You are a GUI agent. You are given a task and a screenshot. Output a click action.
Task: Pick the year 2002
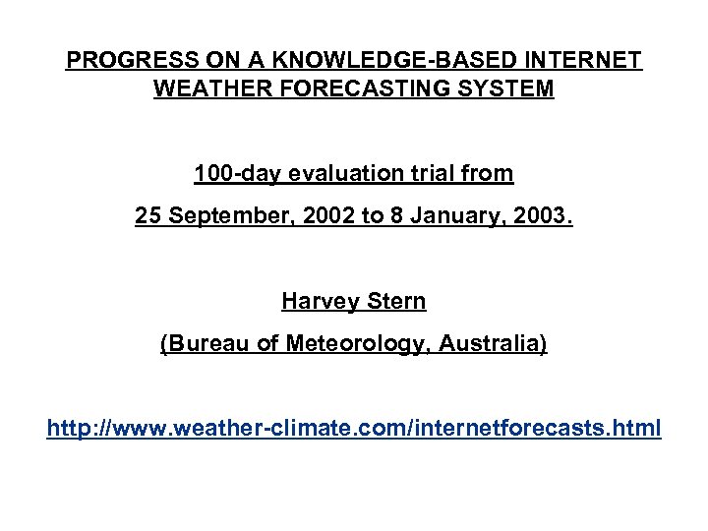(x=320, y=215)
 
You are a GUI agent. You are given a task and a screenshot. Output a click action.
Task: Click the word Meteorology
(x=353, y=344)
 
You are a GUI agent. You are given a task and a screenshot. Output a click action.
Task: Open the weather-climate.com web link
(x=354, y=429)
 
